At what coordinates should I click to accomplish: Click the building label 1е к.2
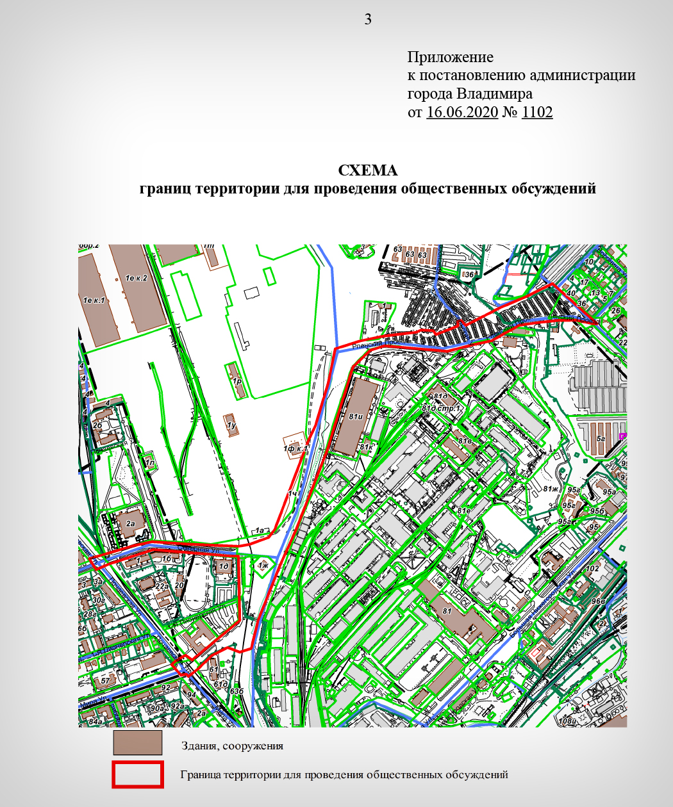(136, 278)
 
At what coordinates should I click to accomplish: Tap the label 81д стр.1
(442, 408)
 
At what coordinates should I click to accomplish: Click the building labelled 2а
(131, 523)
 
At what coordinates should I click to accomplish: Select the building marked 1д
(224, 566)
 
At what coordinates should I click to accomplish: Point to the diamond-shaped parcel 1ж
(262, 566)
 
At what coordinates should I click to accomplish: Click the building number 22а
(162, 585)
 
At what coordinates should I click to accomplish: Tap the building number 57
(105, 680)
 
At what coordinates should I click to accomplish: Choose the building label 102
(592, 569)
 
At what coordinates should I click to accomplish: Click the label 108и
(566, 722)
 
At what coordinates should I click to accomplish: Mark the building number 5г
(601, 439)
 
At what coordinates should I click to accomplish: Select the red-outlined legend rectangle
(137, 774)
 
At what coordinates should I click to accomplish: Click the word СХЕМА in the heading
(368, 170)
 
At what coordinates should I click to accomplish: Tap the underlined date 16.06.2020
(462, 112)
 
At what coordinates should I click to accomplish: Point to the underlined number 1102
(537, 112)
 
